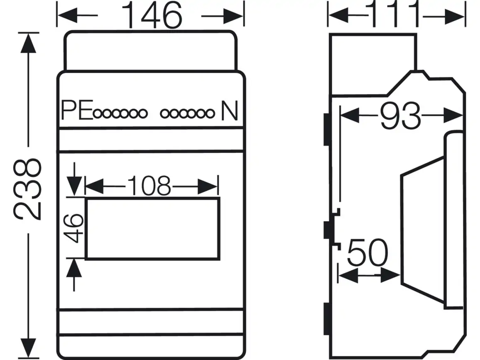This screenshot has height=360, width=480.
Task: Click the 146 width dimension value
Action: [152, 15]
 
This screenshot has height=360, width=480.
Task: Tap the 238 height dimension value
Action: [27, 189]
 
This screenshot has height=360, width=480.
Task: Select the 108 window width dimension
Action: [149, 186]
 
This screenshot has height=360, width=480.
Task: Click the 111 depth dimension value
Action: [395, 14]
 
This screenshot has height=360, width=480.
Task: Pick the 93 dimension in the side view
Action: [400, 116]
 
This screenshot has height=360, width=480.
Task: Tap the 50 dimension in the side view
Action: [367, 252]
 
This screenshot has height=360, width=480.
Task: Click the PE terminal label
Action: [77, 110]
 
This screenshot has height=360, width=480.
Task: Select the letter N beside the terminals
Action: [229, 110]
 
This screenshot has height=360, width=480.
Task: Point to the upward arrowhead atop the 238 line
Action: [28, 43]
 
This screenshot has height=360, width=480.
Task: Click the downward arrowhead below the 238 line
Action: [28, 348]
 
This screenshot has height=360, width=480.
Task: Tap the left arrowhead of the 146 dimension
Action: [67, 15]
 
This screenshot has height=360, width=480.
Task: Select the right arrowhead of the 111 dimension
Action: [455, 17]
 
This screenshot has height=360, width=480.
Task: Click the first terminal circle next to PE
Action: [98, 114]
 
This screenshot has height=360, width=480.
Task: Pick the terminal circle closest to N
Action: [210, 114]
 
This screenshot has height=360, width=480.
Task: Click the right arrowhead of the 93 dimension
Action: [453, 115]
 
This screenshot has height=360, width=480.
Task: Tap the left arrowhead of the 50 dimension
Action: [348, 276]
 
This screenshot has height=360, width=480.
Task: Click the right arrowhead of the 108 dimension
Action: [207, 186]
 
